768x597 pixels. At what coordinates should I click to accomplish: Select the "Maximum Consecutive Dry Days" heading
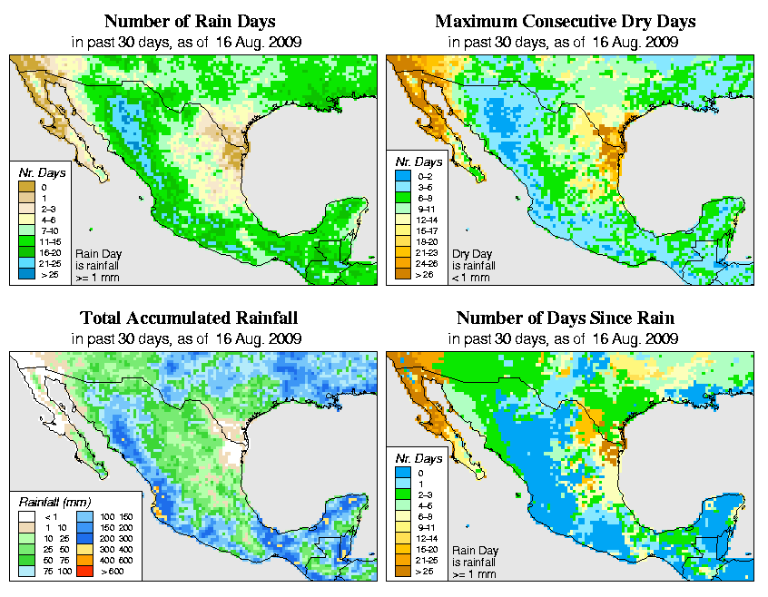click(566, 21)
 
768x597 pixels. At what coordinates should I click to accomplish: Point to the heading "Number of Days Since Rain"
click(566, 318)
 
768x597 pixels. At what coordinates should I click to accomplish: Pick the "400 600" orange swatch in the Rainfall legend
click(83, 563)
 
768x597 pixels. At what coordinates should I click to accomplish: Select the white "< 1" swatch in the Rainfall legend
click(27, 516)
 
